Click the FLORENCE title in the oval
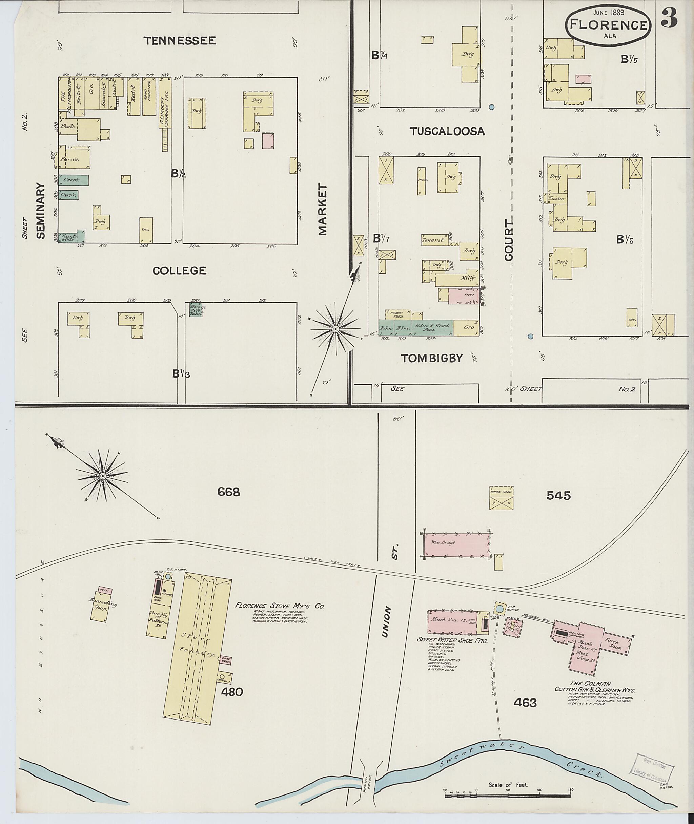point(608,25)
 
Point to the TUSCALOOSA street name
point(447,132)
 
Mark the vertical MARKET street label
point(323,209)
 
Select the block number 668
point(229,492)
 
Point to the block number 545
point(558,496)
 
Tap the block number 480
point(232,692)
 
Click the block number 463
point(525,702)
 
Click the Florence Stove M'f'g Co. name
point(280,606)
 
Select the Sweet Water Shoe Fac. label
point(452,640)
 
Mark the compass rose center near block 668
point(102,476)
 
